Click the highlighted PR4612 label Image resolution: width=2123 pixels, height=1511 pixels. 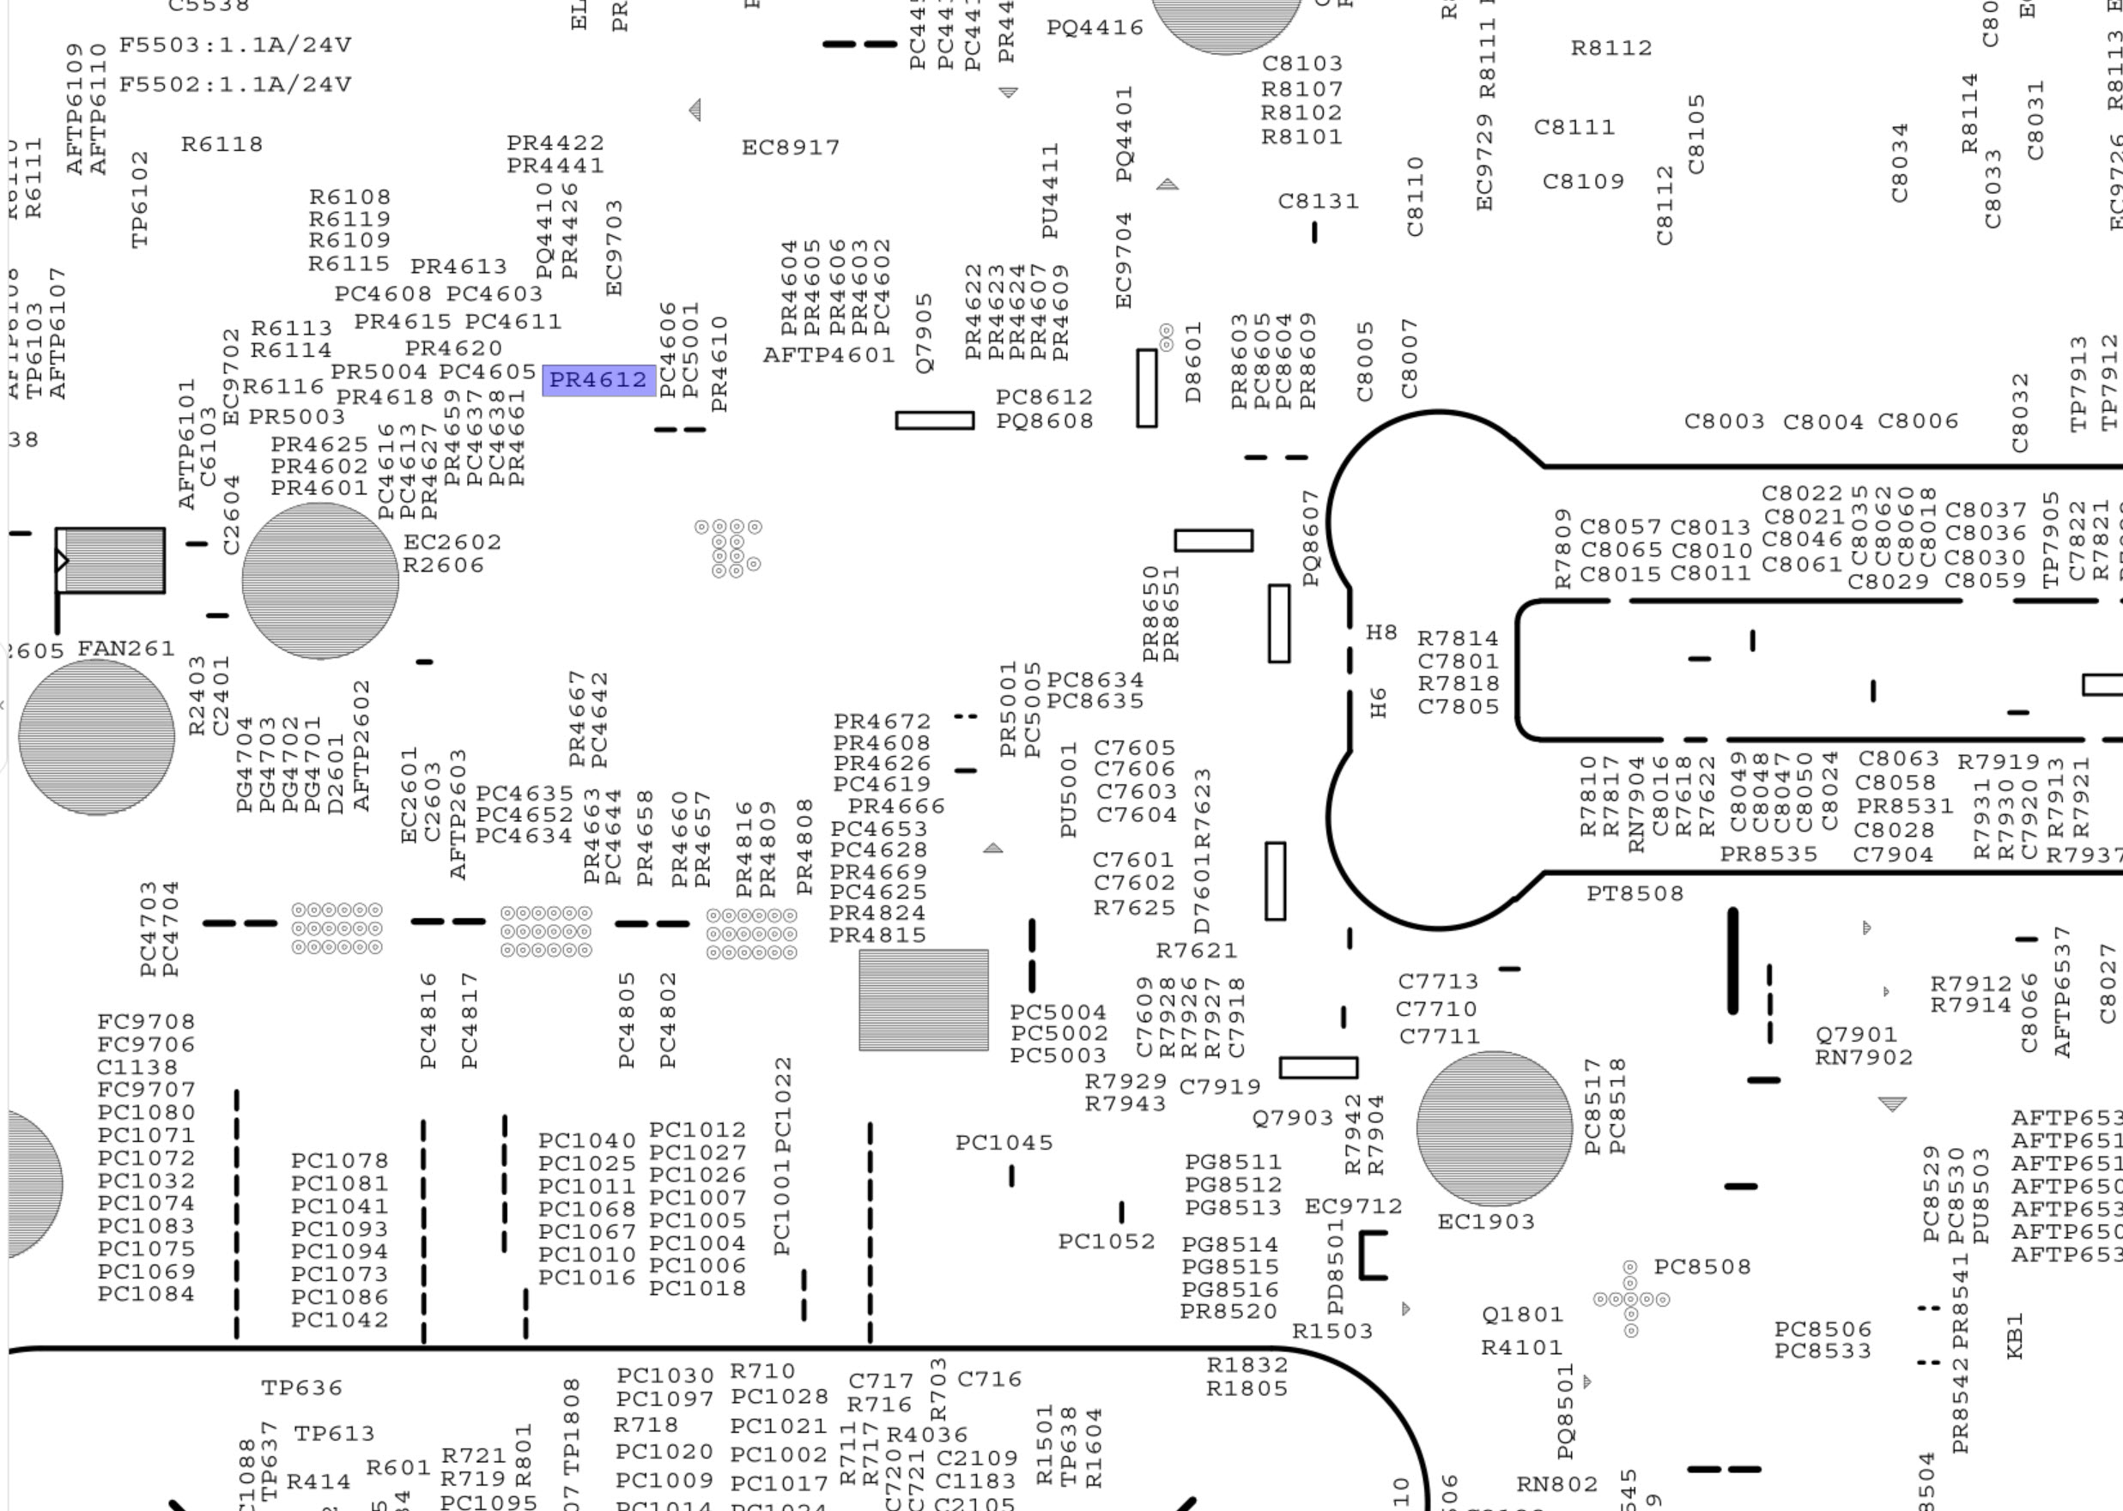tap(598, 379)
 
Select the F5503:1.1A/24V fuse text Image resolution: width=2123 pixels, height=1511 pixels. tap(234, 45)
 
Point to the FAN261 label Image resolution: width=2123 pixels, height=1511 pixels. tap(125, 648)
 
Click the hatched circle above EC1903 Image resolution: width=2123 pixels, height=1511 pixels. tap(1494, 1127)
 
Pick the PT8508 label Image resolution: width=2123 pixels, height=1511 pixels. tap(1635, 893)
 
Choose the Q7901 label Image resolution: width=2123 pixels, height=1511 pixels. tap(1855, 1034)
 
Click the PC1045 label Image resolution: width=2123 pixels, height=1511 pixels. tap(1004, 1143)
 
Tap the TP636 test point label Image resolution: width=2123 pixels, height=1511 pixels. tap(301, 1387)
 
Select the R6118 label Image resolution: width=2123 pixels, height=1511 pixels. tap(221, 144)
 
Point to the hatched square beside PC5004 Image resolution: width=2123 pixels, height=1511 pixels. tap(924, 1000)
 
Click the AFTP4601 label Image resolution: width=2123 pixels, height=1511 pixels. tap(828, 354)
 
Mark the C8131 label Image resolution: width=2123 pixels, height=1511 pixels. tap(1318, 201)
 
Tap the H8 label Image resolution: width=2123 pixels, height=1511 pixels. tap(1381, 632)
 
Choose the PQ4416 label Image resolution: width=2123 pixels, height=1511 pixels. tap(1095, 28)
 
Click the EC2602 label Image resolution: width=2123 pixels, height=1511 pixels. tap(452, 541)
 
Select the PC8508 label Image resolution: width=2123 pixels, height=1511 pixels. tap(1701, 1266)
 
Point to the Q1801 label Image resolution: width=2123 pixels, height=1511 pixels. tap(1522, 1314)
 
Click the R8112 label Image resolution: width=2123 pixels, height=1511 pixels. tap(1611, 47)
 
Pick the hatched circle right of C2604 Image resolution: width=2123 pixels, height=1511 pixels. tap(320, 581)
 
